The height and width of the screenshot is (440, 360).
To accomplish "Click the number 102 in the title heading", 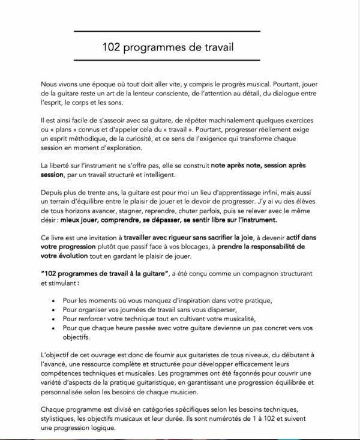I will coord(114,47).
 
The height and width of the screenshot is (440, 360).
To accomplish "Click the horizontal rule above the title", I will coord(179,30).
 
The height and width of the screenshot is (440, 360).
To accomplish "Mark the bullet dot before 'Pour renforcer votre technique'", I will coord(55,319).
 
